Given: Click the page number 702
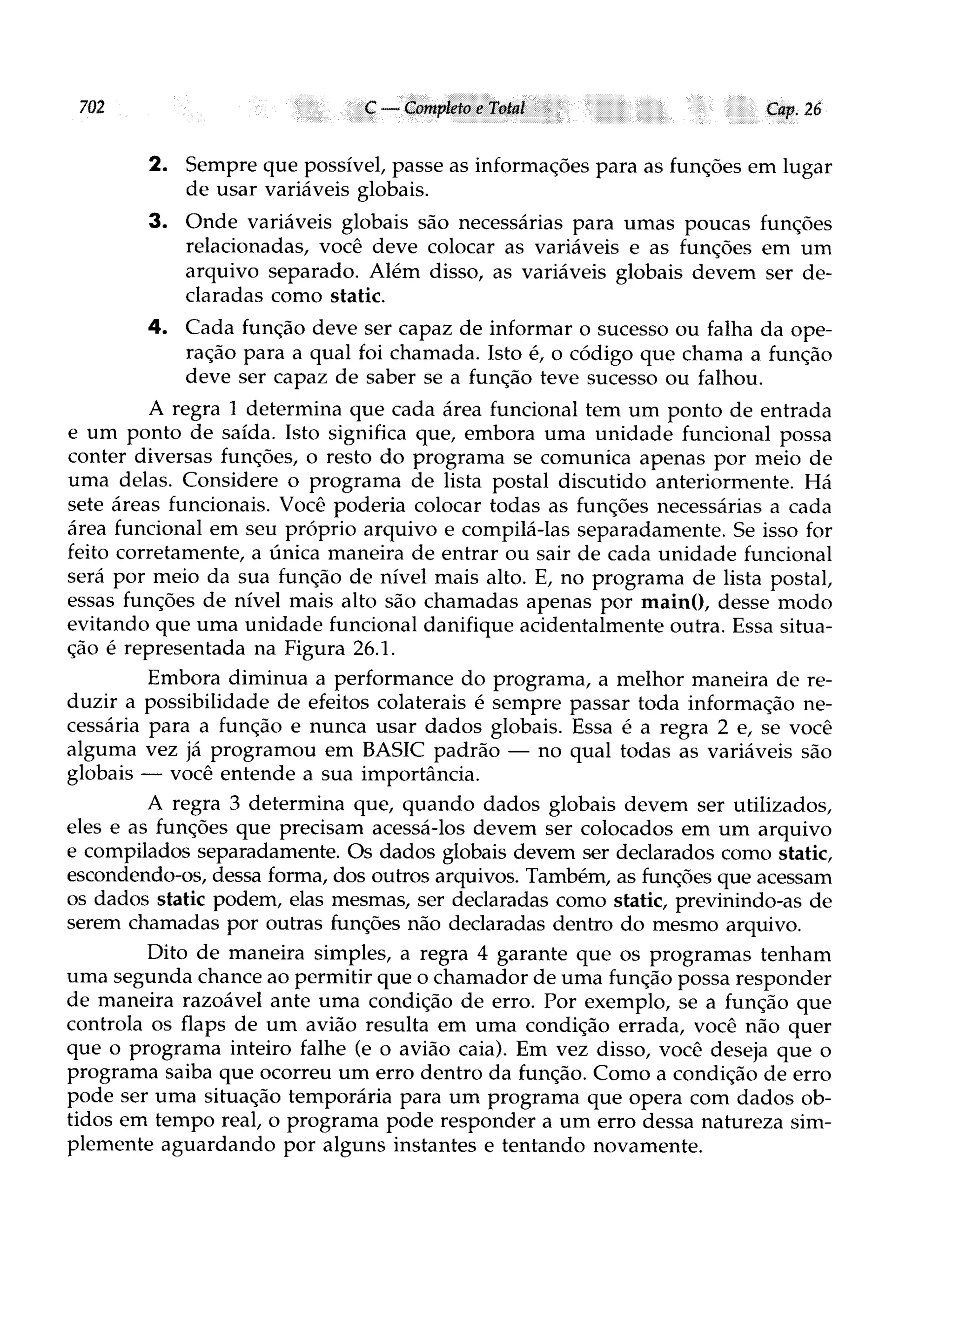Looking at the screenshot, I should [92, 108].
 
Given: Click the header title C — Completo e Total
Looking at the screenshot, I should [444, 108].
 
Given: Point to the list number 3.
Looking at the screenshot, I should [157, 222].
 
